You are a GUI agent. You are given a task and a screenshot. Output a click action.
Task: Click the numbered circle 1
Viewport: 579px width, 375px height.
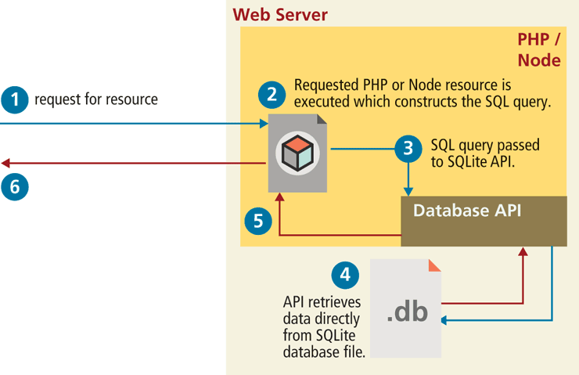point(14,99)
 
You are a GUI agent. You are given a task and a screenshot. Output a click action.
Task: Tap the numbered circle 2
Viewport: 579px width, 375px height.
point(272,95)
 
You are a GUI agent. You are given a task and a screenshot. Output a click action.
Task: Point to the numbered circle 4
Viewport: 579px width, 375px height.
point(345,274)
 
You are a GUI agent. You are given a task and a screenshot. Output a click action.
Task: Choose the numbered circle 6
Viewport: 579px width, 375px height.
point(14,187)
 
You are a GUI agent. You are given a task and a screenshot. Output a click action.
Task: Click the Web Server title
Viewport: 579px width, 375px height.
point(280,15)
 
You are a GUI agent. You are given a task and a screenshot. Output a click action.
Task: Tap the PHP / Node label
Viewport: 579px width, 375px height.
point(539,49)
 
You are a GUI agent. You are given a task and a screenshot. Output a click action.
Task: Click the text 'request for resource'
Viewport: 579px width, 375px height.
point(96,99)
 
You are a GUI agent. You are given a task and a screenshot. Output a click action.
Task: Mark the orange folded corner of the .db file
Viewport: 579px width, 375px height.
point(434,264)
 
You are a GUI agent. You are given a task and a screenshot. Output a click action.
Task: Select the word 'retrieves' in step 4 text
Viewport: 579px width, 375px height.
point(329,302)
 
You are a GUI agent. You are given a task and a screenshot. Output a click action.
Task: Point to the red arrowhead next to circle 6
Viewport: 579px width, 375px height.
point(5,164)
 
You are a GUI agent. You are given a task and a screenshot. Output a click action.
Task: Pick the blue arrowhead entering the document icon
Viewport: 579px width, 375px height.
point(264,124)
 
